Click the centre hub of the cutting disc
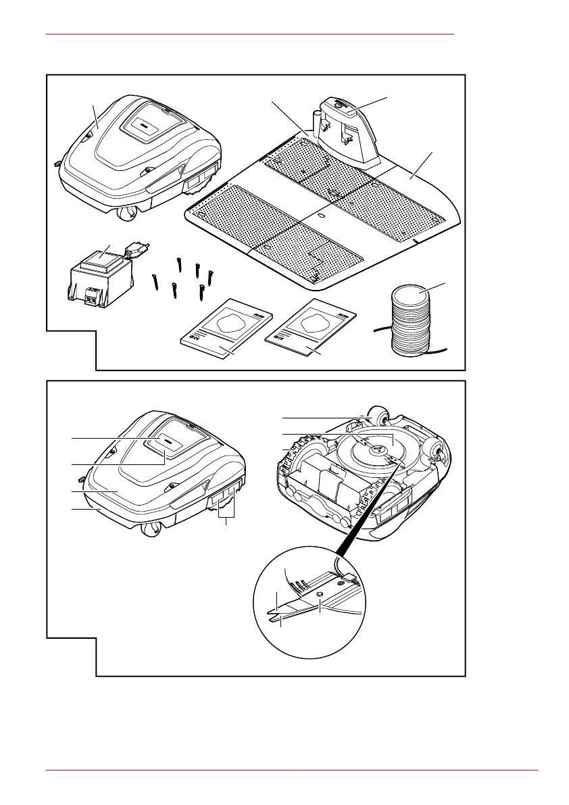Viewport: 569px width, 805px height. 372,448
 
